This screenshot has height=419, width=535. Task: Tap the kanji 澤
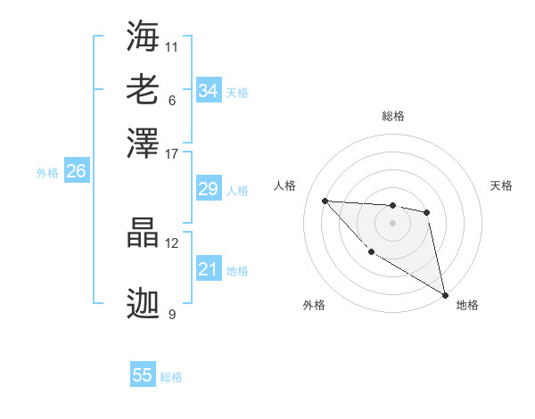click(x=144, y=142)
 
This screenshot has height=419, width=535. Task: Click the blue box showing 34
click(x=208, y=91)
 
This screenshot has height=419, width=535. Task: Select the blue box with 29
click(x=208, y=189)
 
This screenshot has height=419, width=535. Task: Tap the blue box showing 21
click(x=208, y=269)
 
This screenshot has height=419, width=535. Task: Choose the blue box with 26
click(x=76, y=172)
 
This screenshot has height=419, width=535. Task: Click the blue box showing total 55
click(x=143, y=375)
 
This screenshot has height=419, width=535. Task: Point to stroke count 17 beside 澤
click(x=172, y=153)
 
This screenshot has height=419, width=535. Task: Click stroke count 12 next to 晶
click(x=172, y=242)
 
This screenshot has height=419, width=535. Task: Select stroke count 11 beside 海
click(x=172, y=46)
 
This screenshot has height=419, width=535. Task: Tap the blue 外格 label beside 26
click(x=47, y=173)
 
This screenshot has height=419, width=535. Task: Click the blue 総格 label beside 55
click(x=171, y=377)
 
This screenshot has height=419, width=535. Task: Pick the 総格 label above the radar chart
click(x=392, y=116)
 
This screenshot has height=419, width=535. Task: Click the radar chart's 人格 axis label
click(x=285, y=185)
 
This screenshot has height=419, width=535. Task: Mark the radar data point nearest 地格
click(x=445, y=295)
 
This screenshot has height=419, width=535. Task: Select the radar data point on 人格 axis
click(x=325, y=201)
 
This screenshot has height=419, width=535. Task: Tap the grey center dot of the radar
click(x=392, y=223)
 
